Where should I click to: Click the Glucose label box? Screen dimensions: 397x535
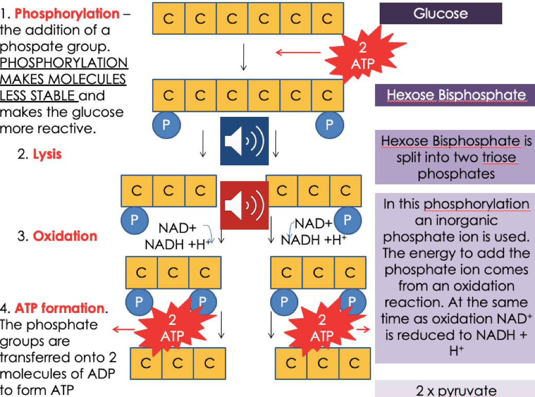click(x=440, y=13)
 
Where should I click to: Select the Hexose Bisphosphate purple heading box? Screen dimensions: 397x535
click(x=456, y=95)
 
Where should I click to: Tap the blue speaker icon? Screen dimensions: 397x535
click(x=244, y=141)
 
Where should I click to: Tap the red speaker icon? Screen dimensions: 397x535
click(x=244, y=205)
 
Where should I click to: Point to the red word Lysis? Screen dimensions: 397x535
click(x=47, y=154)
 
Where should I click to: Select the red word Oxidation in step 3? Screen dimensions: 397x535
click(x=65, y=236)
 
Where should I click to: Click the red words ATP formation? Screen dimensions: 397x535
click(x=59, y=308)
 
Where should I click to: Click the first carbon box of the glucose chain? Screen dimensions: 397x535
click(x=168, y=19)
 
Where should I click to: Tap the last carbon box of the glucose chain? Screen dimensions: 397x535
click(x=327, y=19)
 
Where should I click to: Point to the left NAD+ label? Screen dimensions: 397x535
click(x=174, y=228)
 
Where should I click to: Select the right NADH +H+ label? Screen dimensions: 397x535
click(x=313, y=240)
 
